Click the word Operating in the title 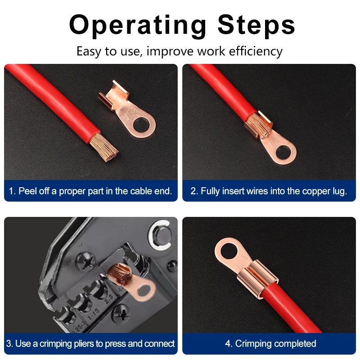click(x=138, y=25)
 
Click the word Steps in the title click(x=256, y=25)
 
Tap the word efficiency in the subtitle click(x=256, y=51)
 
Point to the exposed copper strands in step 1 click(x=104, y=147)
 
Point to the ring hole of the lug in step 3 click(x=144, y=290)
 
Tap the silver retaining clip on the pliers click(x=160, y=235)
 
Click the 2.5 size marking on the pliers click(x=109, y=298)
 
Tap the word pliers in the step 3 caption click(x=83, y=344)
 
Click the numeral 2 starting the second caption click(x=193, y=191)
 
